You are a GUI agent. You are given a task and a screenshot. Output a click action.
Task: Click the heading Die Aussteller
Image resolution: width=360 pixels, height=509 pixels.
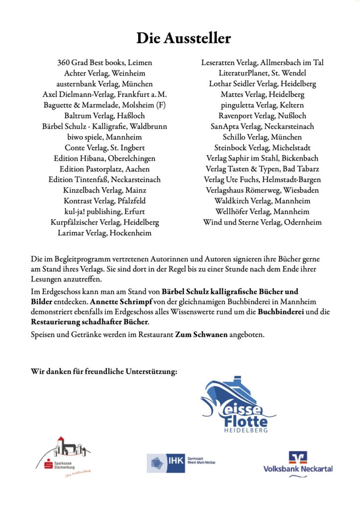tap(184, 38)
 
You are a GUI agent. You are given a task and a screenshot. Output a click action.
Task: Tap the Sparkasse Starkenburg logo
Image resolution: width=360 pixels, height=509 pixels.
tap(65, 458)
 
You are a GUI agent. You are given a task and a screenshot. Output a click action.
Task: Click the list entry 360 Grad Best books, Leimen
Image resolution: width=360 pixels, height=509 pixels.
tap(104, 63)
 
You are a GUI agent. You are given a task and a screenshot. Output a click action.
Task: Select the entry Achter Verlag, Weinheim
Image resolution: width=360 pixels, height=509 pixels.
tap(104, 73)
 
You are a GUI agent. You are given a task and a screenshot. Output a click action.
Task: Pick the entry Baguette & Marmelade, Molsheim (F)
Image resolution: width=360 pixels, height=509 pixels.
tap(104, 105)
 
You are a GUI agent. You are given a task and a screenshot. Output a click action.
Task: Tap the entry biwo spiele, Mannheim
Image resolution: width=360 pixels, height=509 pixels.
tap(104, 137)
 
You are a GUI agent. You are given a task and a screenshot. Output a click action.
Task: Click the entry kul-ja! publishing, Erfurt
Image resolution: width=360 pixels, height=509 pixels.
tap(104, 212)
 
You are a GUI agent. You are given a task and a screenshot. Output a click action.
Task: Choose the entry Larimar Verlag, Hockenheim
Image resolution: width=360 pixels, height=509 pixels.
tap(104, 233)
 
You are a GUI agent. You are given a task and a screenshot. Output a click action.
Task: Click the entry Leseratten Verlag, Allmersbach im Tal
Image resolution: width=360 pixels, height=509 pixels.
tap(263, 63)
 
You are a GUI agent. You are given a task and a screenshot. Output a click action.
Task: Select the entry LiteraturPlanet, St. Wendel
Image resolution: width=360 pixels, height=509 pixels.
tap(263, 73)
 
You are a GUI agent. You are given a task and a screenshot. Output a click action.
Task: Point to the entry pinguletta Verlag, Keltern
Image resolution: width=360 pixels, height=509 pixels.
tap(263, 105)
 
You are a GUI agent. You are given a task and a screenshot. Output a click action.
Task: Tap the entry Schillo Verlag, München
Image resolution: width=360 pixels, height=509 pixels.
tap(263, 137)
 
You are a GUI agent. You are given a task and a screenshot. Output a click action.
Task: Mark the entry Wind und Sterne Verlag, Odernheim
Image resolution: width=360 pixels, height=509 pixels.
tap(263, 222)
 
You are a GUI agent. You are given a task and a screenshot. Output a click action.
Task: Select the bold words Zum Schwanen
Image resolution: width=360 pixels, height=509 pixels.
tap(201, 335)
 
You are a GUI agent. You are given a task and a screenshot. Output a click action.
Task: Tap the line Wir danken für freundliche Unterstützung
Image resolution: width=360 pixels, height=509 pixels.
tap(104, 371)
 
